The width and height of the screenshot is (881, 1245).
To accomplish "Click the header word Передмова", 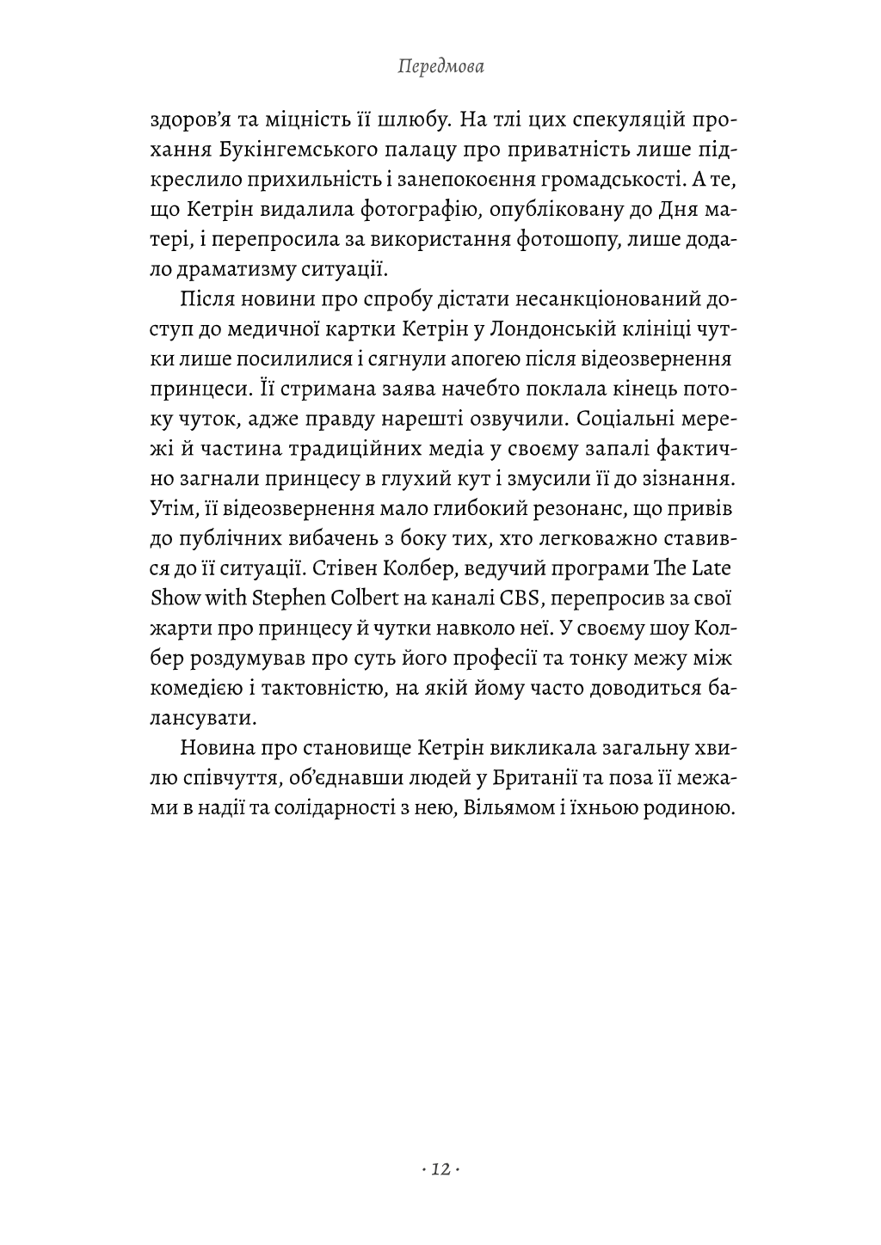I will coord(440,66).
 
